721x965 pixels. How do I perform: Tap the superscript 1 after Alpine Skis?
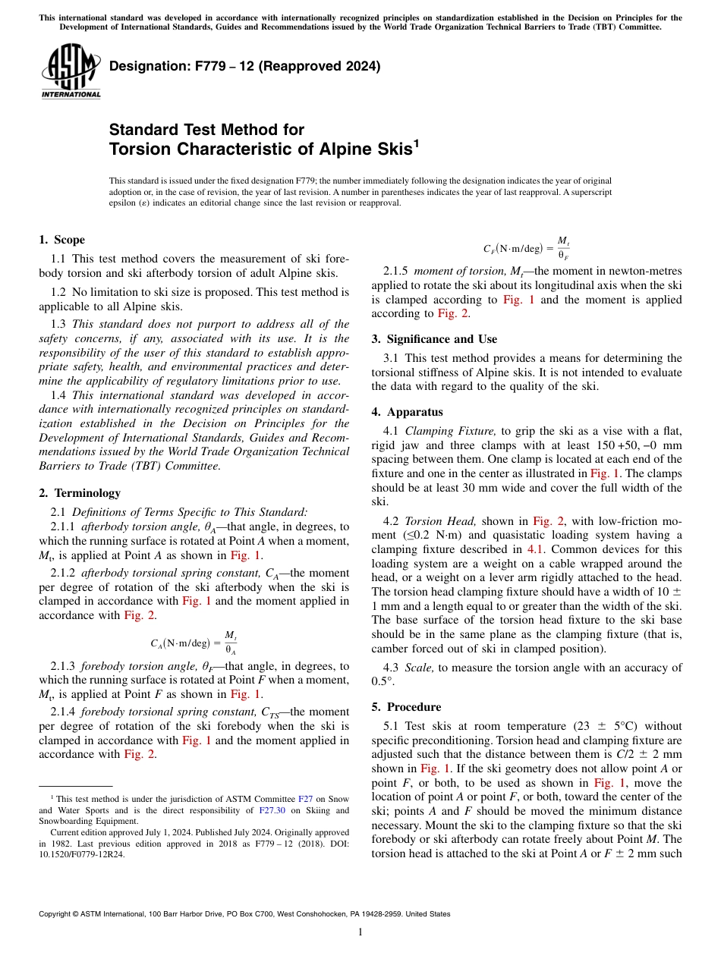point(416,143)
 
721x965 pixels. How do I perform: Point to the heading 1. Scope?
point(61,240)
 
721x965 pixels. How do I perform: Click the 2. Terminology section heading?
point(79,493)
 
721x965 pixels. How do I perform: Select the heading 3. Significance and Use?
point(434,339)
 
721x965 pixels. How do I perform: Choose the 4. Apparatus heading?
point(407,412)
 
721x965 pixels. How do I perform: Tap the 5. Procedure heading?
point(406,707)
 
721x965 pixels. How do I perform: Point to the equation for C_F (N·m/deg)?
point(527,248)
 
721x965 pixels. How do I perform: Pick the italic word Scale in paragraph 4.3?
point(420,668)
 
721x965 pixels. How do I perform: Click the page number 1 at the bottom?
point(360,933)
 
